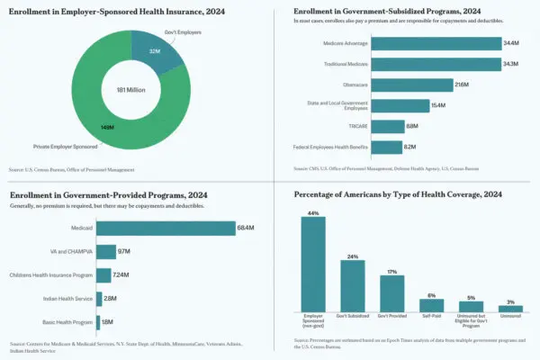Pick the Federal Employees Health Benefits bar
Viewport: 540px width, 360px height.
(x=387, y=148)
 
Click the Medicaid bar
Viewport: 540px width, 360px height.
(x=166, y=229)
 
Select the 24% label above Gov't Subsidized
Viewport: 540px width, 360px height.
(x=352, y=256)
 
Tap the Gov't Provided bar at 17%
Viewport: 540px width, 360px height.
(x=391, y=292)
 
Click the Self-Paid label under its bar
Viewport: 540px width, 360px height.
(x=431, y=317)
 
